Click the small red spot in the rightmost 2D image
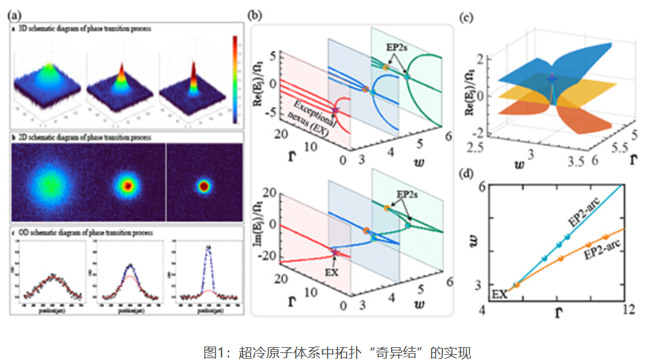pyautogui.click(x=204, y=186)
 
